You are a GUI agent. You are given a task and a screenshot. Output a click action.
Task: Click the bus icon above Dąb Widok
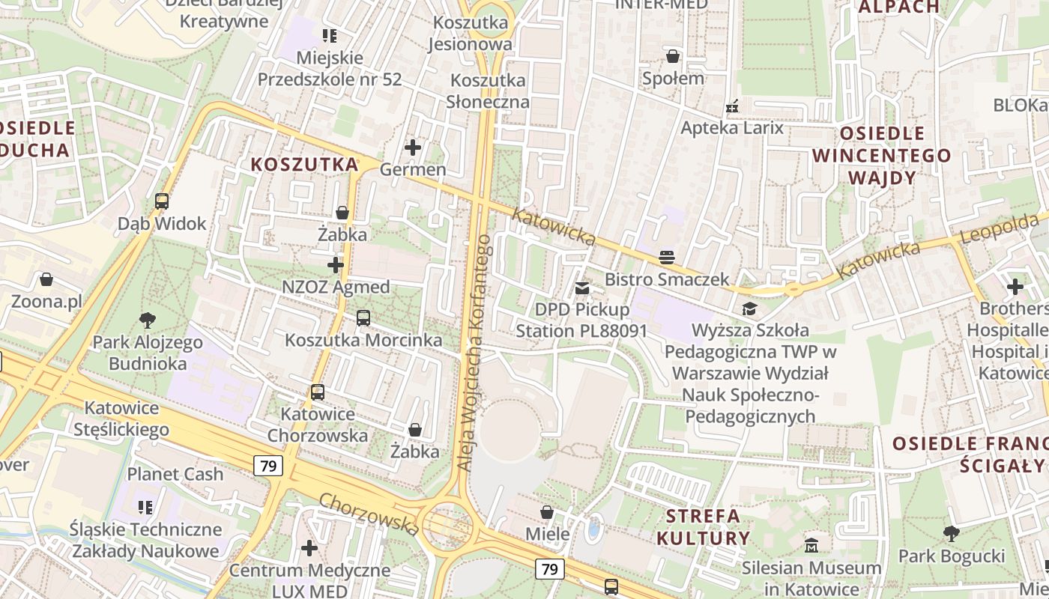click(162, 201)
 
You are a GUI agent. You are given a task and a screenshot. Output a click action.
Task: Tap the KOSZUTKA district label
click(304, 165)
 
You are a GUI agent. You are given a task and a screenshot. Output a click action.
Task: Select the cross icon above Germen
click(413, 148)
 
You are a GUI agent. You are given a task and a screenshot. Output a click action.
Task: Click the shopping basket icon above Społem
click(673, 56)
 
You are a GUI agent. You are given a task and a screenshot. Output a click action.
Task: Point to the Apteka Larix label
click(731, 127)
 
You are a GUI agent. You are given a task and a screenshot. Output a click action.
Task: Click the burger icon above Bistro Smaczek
click(667, 258)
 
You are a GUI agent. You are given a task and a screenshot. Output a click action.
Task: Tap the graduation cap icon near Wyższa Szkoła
click(749, 308)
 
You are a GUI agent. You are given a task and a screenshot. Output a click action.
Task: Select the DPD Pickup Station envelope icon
click(581, 288)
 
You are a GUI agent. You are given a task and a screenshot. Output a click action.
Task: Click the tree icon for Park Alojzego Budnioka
click(148, 320)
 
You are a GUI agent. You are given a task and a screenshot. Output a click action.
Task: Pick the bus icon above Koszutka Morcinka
click(363, 318)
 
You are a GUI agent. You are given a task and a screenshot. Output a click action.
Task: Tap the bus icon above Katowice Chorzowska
click(318, 392)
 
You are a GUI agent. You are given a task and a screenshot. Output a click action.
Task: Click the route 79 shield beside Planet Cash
click(267, 466)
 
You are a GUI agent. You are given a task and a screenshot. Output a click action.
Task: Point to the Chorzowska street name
click(369, 514)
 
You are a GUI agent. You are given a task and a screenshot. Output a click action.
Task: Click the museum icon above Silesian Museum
click(811, 546)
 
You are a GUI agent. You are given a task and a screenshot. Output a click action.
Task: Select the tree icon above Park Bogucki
click(952, 534)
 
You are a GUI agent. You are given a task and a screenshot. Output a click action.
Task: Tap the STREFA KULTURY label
click(703, 526)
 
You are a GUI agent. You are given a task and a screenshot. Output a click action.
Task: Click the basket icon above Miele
click(548, 512)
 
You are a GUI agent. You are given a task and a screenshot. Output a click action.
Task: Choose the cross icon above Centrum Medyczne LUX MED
click(309, 548)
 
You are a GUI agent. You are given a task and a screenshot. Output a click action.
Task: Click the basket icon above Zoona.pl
click(46, 280)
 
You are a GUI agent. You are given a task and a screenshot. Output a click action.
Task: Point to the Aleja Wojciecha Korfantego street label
click(474, 353)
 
